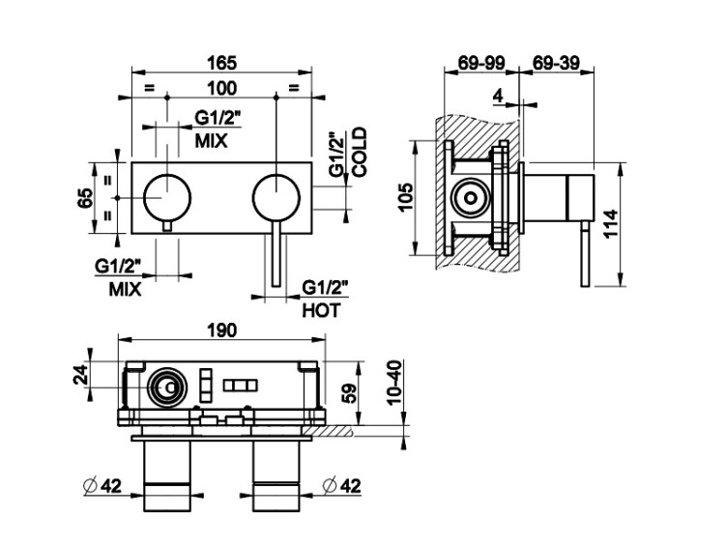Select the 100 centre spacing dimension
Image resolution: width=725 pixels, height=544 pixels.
pyautogui.click(x=222, y=89)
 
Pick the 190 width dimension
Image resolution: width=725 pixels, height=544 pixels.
pyautogui.click(x=221, y=329)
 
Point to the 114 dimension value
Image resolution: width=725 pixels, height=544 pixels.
pyautogui.click(x=634, y=226)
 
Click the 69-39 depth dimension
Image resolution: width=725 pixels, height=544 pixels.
pyautogui.click(x=557, y=63)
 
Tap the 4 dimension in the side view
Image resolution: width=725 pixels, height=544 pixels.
pyautogui.click(x=498, y=95)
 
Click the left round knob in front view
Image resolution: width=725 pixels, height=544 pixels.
pyautogui.click(x=167, y=196)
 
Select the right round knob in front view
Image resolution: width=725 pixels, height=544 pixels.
pyautogui.click(x=275, y=196)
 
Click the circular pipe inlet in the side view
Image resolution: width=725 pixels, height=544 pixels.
pyautogui.click(x=472, y=197)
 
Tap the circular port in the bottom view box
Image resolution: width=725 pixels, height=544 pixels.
pyautogui.click(x=166, y=389)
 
